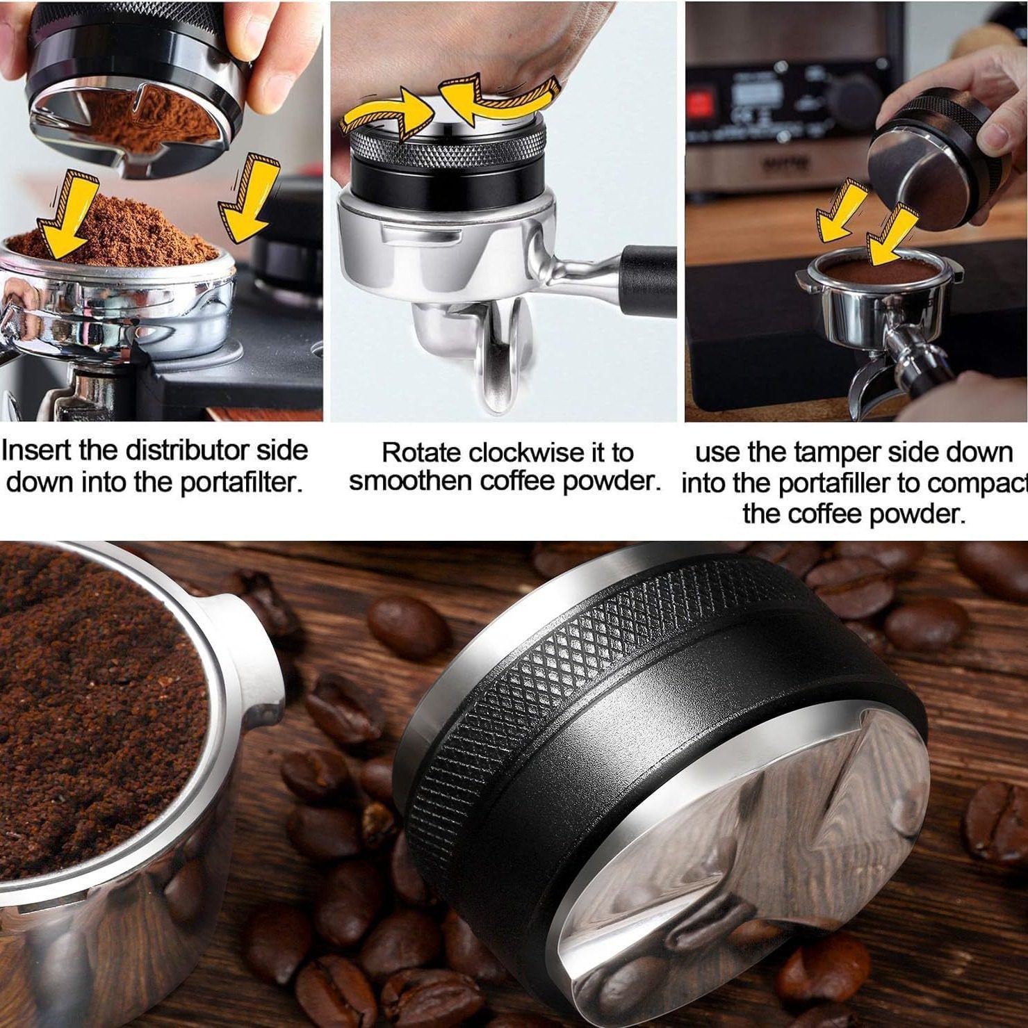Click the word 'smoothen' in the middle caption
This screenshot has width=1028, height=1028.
pos(401,481)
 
